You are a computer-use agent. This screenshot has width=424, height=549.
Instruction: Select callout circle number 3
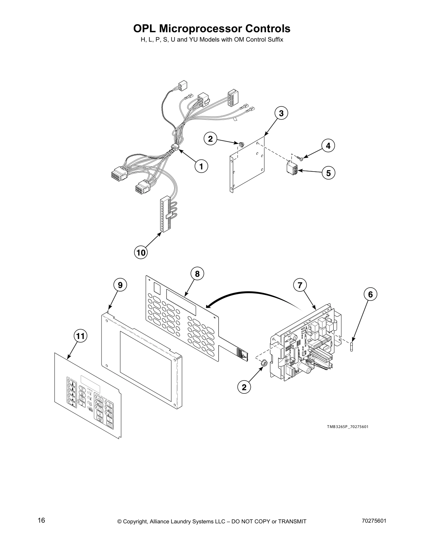(x=281, y=113)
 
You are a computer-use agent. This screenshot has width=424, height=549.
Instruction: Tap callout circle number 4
(x=328, y=146)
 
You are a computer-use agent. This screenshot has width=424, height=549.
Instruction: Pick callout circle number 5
(x=328, y=173)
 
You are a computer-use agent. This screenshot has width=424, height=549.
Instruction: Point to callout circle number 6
(x=370, y=294)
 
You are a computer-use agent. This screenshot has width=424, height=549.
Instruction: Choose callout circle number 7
(x=300, y=285)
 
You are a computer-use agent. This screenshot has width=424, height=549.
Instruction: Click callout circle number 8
(x=197, y=274)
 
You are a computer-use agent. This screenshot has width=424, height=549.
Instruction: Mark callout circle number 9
(x=120, y=285)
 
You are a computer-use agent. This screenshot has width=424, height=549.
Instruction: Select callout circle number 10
(x=141, y=253)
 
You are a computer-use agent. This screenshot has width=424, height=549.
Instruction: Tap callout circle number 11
(x=80, y=336)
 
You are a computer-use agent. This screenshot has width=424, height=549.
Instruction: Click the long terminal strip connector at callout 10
(x=163, y=215)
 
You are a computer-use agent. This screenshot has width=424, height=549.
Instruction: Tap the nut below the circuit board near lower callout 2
(x=263, y=363)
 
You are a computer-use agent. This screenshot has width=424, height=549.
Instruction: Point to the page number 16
(x=41, y=521)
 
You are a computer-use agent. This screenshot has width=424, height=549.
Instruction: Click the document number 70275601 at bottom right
(x=372, y=521)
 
